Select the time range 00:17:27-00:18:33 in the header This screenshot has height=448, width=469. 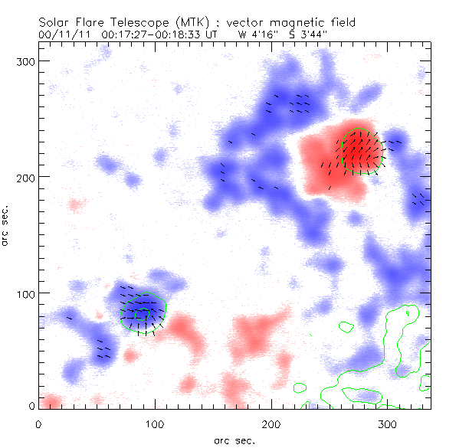tap(151, 34)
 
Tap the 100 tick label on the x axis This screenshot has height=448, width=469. tap(155, 423)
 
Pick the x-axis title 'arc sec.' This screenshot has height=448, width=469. tap(234, 440)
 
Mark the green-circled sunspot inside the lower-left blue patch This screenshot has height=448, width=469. tap(143, 311)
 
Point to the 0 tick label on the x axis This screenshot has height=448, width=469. tap(38, 423)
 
